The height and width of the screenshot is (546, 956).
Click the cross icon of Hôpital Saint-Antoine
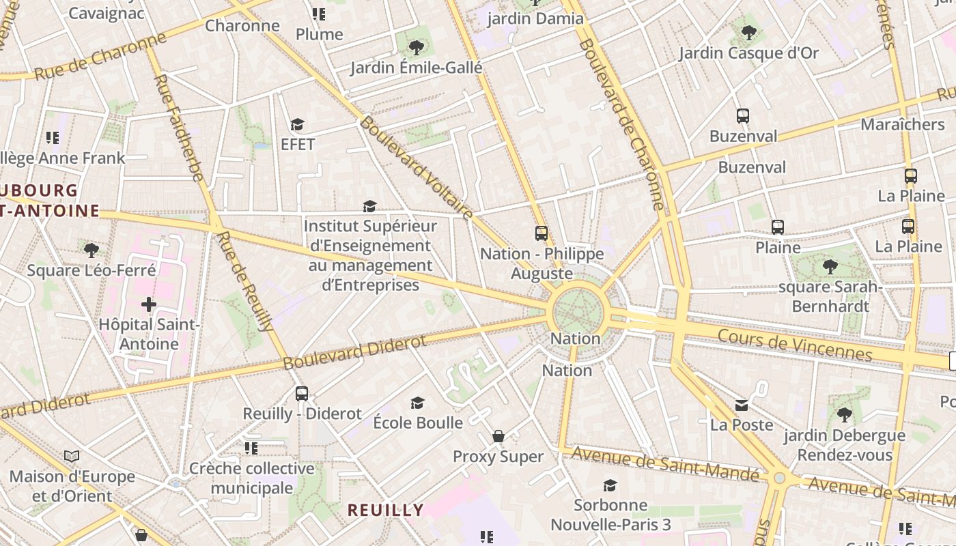pyautogui.click(x=148, y=304)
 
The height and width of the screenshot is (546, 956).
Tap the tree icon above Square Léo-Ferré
pyautogui.click(x=91, y=250)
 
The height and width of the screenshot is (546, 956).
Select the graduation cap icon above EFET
pyautogui.click(x=297, y=124)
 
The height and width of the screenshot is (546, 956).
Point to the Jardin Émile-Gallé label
pyautogui.click(x=416, y=68)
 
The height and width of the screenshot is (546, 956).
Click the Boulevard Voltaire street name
pyautogui.click(x=416, y=168)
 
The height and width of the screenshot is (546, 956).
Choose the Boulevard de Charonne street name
pyautogui.click(x=621, y=123)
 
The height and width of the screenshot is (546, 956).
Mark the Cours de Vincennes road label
pyautogui.click(x=795, y=344)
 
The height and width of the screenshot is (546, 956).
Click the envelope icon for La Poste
pyautogui.click(x=742, y=405)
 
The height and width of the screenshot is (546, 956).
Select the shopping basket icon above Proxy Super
pyautogui.click(x=498, y=436)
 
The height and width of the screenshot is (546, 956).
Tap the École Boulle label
pyautogui.click(x=418, y=422)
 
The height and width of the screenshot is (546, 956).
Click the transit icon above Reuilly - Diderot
pyautogui.click(x=302, y=394)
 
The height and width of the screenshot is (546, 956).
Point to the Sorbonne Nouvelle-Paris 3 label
pyautogui.click(x=610, y=515)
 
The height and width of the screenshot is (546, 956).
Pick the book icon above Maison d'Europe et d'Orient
pyautogui.click(x=72, y=456)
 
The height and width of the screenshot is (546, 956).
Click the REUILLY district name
pyautogui.click(x=385, y=510)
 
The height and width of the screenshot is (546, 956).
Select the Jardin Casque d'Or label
pyautogui.click(x=748, y=53)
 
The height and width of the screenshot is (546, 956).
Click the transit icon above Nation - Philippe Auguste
pyautogui.click(x=542, y=233)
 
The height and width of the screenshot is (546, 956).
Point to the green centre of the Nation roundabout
pyautogui.click(x=577, y=312)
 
